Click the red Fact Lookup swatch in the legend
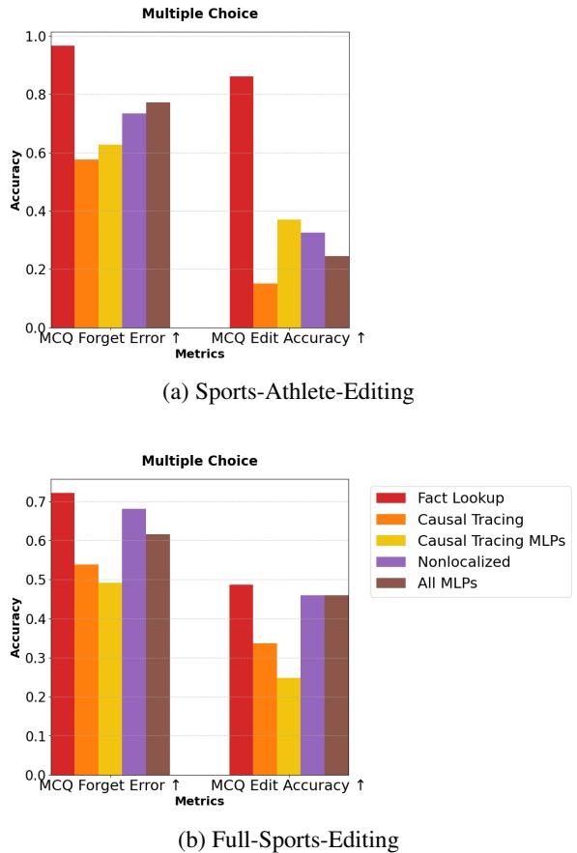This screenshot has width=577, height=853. pos(396,498)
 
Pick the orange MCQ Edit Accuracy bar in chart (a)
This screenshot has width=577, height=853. pos(265,305)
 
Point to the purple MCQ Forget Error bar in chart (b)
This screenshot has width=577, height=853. pos(134,641)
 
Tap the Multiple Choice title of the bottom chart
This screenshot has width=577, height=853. pos(200,461)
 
